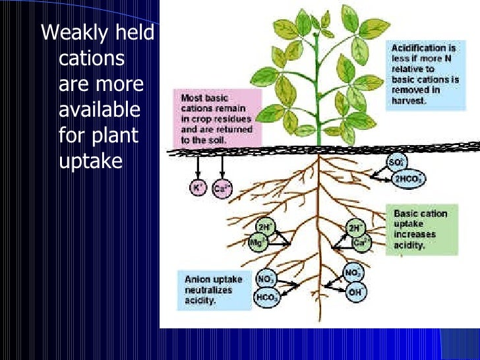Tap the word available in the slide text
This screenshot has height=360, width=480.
[99, 109]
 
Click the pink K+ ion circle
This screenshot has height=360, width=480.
[196, 189]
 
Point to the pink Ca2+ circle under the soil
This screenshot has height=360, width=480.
[222, 189]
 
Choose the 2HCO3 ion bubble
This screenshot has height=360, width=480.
[408, 179]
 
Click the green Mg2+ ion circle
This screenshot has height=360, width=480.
[258, 242]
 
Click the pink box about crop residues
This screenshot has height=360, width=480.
[207, 117]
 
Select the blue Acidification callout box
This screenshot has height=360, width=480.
[422, 74]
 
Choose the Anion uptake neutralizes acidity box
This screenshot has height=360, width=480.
[213, 289]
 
